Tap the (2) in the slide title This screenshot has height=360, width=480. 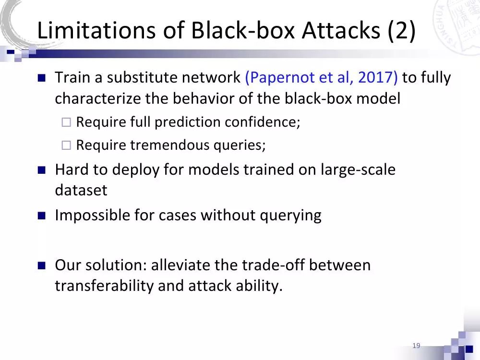[399, 31]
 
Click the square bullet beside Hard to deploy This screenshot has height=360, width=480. [41, 170]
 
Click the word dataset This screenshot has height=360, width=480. [81, 190]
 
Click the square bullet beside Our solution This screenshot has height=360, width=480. [41, 265]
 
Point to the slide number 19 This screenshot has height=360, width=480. [416, 346]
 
